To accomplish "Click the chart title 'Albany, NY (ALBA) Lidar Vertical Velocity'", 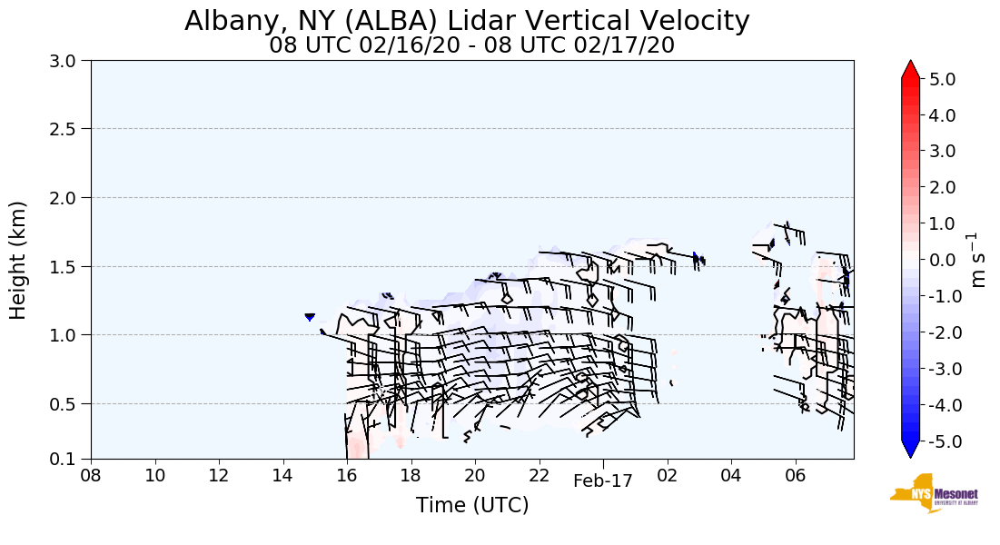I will (x=467, y=21).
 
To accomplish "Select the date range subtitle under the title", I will (x=471, y=45).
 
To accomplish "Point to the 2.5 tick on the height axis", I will (x=65, y=129).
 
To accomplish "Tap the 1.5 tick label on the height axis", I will (x=65, y=267).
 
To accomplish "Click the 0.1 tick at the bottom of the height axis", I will (x=65, y=460).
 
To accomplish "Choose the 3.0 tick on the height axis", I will (x=65, y=61).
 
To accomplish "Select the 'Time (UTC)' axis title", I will (x=471, y=505).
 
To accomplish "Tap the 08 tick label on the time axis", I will (x=91, y=475).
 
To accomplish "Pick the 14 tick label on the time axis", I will (x=282, y=475).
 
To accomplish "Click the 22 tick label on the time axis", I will (x=540, y=475).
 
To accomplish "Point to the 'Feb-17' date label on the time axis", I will (x=602, y=481).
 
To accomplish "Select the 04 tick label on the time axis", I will (x=731, y=475).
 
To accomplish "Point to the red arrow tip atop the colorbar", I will (x=911, y=68).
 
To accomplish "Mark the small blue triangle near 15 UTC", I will (x=310, y=317).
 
